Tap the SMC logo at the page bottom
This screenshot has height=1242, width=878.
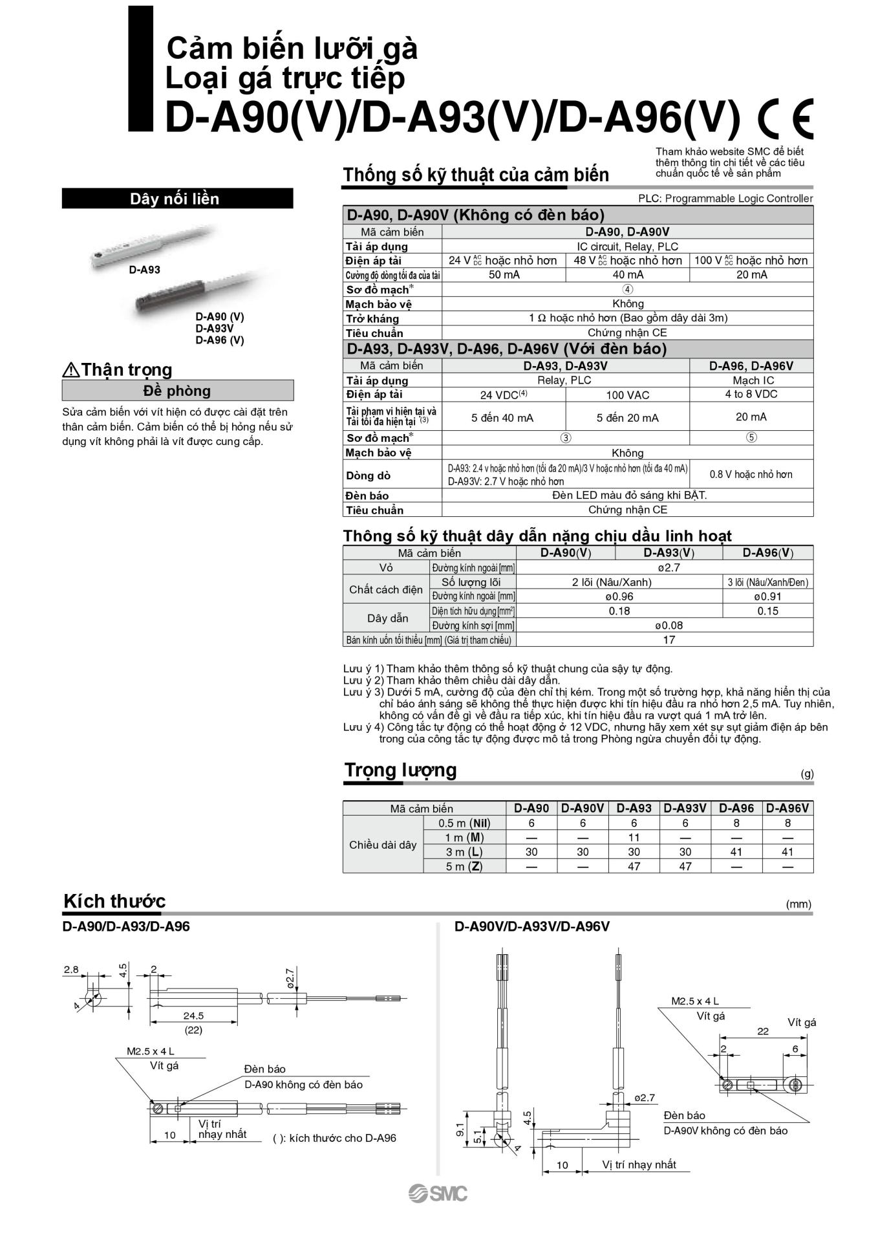point(438,1193)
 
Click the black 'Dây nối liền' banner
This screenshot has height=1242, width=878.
point(177,199)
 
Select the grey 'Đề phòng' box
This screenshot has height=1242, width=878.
point(177,391)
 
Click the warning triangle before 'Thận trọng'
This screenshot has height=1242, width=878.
point(70,370)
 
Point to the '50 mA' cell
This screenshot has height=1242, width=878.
point(504,275)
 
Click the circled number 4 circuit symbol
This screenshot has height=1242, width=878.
point(627,289)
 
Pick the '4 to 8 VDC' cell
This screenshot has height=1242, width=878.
point(751,394)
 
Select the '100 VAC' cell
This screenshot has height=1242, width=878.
point(627,395)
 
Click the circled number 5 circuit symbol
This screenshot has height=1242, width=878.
point(751,437)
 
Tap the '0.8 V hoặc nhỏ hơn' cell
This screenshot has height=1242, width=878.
point(751,474)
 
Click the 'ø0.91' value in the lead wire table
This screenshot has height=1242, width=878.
point(767,596)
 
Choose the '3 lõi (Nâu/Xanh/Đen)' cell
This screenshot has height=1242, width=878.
point(767,582)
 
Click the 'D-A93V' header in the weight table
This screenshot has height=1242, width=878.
point(685,808)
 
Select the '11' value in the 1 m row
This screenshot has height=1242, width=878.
point(634,837)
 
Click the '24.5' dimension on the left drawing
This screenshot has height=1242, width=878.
point(193,1016)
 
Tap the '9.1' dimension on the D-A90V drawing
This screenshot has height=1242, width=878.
point(460,1129)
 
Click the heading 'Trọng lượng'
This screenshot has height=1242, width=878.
point(400,770)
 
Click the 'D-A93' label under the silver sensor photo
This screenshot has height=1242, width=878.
point(144,270)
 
